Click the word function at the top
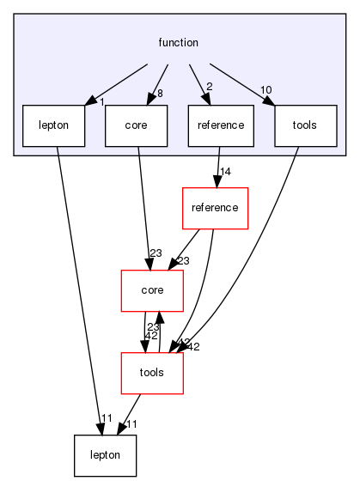[x=179, y=42]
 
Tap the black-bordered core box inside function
[x=135, y=125]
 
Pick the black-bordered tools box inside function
[x=303, y=125]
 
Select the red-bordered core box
[x=153, y=290]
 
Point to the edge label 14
[x=227, y=172]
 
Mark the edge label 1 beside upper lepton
[x=101, y=102]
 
